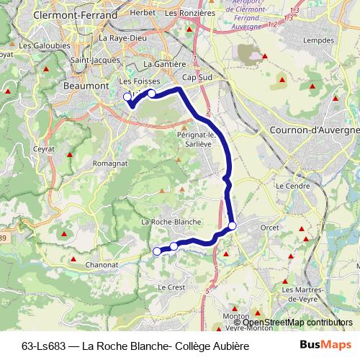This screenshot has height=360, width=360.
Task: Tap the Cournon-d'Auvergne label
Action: [x=314, y=130]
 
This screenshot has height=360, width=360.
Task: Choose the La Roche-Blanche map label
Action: [x=171, y=221]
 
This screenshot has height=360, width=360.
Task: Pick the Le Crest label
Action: [x=171, y=287]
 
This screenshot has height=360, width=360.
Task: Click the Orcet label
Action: [x=269, y=228]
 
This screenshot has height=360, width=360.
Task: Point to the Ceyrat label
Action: [x=43, y=149]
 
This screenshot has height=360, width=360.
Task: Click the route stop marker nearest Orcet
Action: [x=232, y=228]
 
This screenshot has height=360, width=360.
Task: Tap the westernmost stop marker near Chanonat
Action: [x=157, y=251]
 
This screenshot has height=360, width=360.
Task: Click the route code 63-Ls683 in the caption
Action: [x=45, y=346]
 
